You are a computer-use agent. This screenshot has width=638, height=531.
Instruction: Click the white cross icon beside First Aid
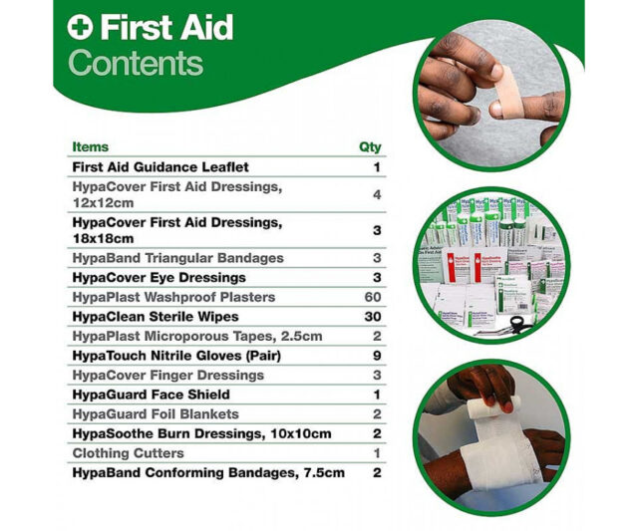80,27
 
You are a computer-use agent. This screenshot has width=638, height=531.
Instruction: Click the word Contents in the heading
136,63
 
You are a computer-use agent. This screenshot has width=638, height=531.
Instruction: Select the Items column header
91,146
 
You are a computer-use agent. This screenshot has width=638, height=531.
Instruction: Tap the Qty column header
370,146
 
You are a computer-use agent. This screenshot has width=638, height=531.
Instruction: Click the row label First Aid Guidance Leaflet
160,167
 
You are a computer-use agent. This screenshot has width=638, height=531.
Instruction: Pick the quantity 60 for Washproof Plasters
373,297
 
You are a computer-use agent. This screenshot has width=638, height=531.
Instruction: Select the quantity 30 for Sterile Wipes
373,317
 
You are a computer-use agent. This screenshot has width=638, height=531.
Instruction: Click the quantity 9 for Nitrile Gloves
377,356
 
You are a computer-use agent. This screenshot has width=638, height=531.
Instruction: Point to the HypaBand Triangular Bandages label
177,258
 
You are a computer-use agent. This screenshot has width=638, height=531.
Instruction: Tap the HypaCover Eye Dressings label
159,277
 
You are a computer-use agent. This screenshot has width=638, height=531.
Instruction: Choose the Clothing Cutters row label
129,453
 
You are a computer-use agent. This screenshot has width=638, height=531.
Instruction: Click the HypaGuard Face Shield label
151,395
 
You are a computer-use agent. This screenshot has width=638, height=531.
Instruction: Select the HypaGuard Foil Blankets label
156,413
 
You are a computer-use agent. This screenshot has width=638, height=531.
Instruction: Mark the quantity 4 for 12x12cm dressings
377,194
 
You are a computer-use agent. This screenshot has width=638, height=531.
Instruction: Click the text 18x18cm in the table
103,238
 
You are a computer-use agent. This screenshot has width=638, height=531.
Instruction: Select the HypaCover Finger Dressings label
168,375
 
